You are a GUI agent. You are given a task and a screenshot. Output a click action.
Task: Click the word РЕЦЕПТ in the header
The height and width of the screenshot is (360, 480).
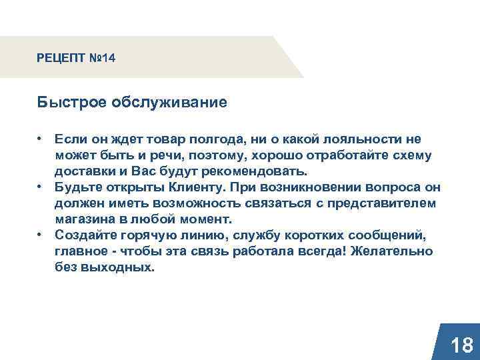pyautogui.click(x=61, y=59)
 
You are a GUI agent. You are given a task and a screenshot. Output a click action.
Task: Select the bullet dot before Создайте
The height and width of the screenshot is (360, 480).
pyautogui.click(x=41, y=234)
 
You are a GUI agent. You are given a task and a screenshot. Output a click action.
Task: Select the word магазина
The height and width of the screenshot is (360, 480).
pyautogui.click(x=84, y=219)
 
